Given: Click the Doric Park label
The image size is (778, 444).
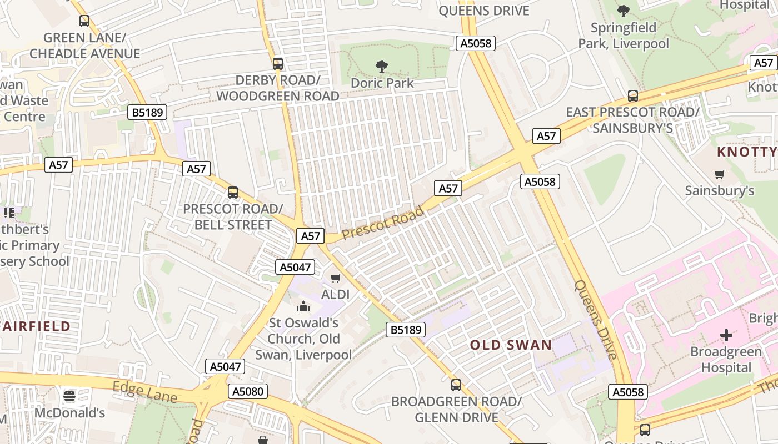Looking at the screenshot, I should pos(382,83).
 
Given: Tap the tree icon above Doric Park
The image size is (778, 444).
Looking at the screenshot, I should pos(381,67).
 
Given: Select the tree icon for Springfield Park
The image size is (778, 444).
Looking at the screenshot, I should pos(624,11).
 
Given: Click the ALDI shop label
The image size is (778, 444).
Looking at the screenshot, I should pos(335,294).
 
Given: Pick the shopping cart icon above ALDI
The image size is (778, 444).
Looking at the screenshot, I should pos(335,278).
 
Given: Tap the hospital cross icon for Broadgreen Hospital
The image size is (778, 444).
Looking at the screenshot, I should pos(726,335).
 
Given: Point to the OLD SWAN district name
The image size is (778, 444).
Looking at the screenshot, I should pos(511,345).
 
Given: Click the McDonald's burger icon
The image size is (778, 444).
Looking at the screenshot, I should pos(69,396).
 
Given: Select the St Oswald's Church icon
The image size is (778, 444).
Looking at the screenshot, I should pos(303,306).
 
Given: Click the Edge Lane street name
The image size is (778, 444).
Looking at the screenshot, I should pos(145,392).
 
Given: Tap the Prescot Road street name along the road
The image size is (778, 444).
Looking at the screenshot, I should pos(383,223).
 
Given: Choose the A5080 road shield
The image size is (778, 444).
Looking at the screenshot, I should pos(248,392).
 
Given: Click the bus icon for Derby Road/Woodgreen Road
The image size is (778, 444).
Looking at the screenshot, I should pos(278,64).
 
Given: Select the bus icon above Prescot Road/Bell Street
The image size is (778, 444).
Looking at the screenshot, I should pos(233,193).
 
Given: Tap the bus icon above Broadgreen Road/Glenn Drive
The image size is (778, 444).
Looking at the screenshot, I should pos(456,385).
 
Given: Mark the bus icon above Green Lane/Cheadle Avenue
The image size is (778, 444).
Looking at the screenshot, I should pos(84,21).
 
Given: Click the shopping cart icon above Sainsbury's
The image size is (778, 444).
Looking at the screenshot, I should pos(720,174).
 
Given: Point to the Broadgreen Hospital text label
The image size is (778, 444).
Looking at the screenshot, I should pos(726,360).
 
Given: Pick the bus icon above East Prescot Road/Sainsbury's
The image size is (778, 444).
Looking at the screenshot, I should pos(633,96).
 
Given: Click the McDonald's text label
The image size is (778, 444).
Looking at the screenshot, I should pos(69,413).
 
